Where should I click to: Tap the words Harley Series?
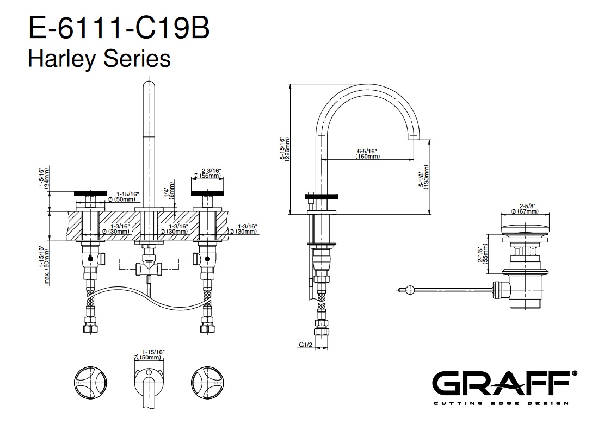[99, 58]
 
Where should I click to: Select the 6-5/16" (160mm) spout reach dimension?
[367, 153]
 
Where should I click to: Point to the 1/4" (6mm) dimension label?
[168, 192]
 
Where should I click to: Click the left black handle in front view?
[89, 194]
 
